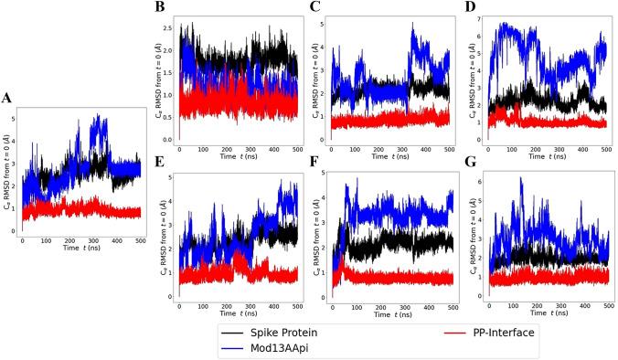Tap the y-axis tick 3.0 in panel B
[170, 22]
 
